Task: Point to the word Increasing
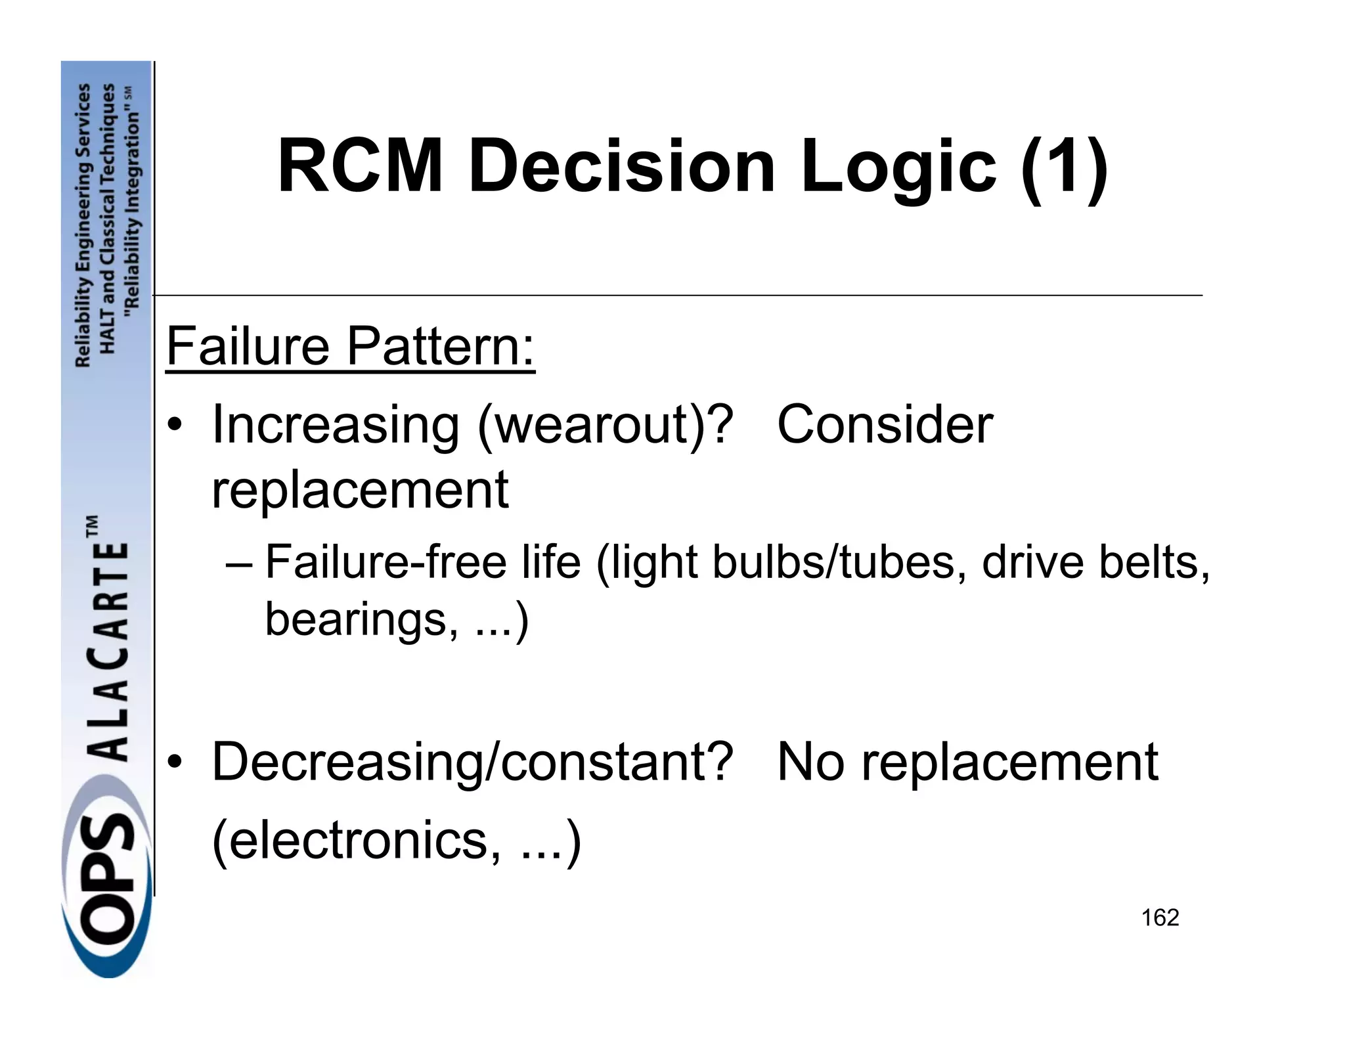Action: pos(335,425)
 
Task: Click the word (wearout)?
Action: pos(605,425)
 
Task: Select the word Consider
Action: pos(884,425)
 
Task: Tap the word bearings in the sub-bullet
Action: pos(355,619)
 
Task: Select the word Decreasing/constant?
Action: pos(472,762)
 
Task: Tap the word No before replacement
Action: pos(810,762)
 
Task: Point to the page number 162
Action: pos(1160,917)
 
